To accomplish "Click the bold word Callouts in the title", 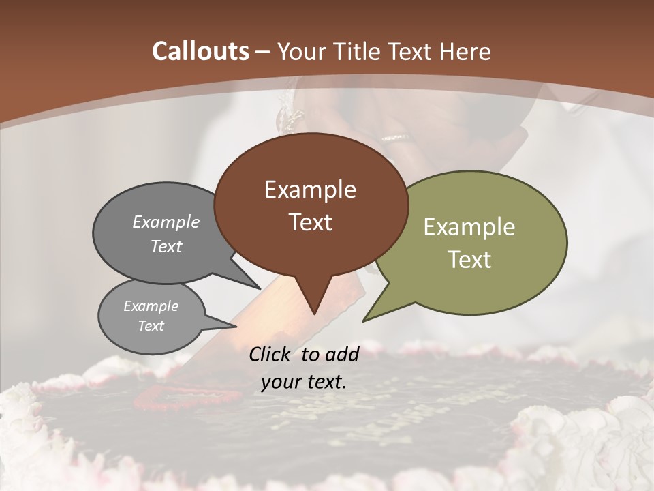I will (200, 51).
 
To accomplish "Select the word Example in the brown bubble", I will (310, 189).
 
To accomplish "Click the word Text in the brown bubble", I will (310, 222).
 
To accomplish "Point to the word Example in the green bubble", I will (469, 226).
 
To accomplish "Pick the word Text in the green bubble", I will (469, 259).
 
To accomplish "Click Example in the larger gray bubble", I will (166, 222).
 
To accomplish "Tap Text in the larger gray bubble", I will (166, 246).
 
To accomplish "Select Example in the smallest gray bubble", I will (151, 306).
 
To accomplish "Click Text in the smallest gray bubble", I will (151, 326).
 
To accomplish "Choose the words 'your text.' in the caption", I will (303, 382).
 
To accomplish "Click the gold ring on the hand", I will (396, 138).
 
